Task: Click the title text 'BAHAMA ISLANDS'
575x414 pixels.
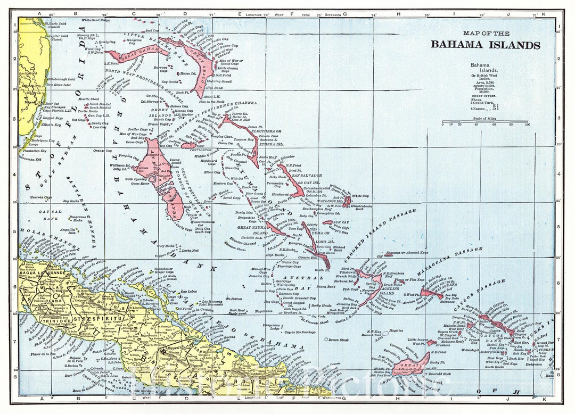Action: pos(485,45)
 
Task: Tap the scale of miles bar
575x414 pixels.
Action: pos(484,121)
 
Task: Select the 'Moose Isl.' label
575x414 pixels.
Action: pos(188,73)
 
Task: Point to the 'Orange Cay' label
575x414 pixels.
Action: pos(103,151)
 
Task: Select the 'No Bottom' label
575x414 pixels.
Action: pos(234,299)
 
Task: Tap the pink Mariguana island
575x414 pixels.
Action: pos(431,293)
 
